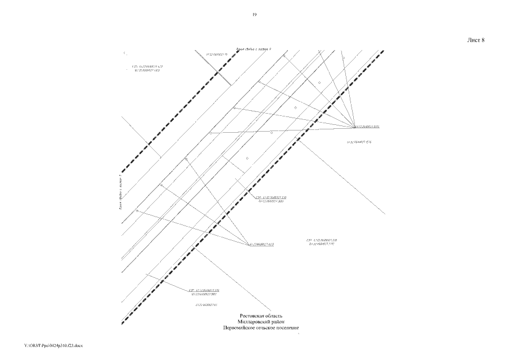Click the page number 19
254,15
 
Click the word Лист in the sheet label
472,40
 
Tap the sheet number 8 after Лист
483,40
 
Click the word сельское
272,327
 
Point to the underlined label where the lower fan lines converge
262,245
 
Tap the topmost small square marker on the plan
343,57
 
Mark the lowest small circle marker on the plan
137,210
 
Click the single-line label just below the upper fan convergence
361,142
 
